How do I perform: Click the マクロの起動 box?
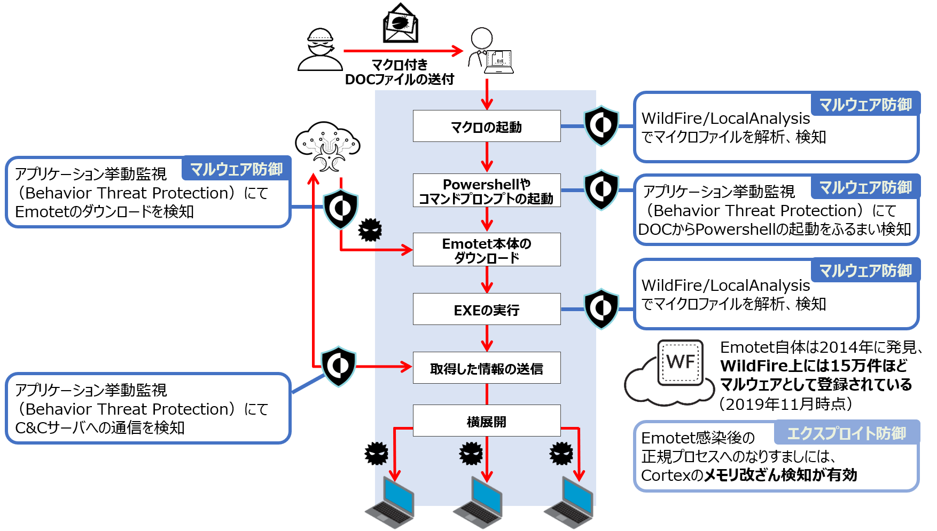[x=486, y=126]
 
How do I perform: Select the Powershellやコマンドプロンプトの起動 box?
[x=486, y=191]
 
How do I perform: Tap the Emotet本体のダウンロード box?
[x=486, y=250]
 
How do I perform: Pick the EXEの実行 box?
[x=486, y=310]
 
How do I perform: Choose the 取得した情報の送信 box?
[x=486, y=368]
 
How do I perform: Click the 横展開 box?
[x=486, y=421]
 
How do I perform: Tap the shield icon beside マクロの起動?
[x=602, y=126]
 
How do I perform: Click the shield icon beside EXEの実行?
[x=602, y=308]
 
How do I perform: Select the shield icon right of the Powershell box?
[x=602, y=189]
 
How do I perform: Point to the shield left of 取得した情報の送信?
[x=338, y=366]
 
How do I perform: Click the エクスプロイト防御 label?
[x=847, y=433]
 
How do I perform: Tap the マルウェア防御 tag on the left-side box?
[x=236, y=169]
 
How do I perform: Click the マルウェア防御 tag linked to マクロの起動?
[x=865, y=105]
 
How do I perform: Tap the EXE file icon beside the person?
[x=498, y=58]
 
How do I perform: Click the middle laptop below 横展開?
[x=479, y=502]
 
